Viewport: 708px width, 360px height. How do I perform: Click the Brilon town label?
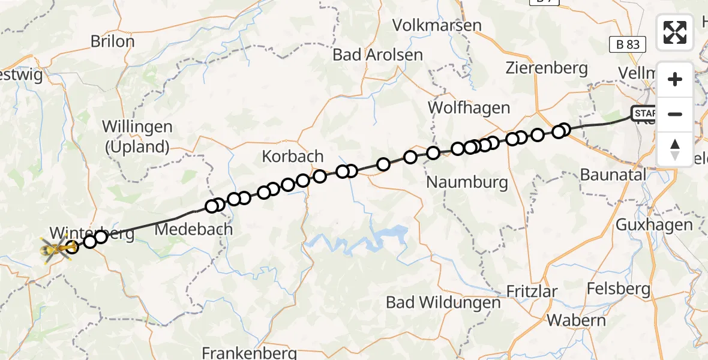click(112, 41)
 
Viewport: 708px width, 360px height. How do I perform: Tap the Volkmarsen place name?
click(437, 25)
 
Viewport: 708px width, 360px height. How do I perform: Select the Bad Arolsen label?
click(378, 55)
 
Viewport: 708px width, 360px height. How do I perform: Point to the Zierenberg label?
click(546, 67)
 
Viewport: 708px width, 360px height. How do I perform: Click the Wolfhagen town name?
click(469, 108)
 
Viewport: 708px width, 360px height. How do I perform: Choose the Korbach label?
click(293, 157)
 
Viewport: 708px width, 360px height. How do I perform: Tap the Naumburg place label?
click(467, 182)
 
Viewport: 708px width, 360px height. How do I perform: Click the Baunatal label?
click(614, 175)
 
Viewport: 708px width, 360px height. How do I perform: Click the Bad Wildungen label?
click(443, 302)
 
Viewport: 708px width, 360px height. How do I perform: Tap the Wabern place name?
click(576, 320)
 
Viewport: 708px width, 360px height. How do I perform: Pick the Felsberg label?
click(618, 289)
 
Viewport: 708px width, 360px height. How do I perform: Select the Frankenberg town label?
click(250, 352)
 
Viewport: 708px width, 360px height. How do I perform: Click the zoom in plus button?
click(675, 79)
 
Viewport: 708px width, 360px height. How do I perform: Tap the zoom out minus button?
click(675, 114)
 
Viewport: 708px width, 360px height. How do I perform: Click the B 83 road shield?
click(628, 44)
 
